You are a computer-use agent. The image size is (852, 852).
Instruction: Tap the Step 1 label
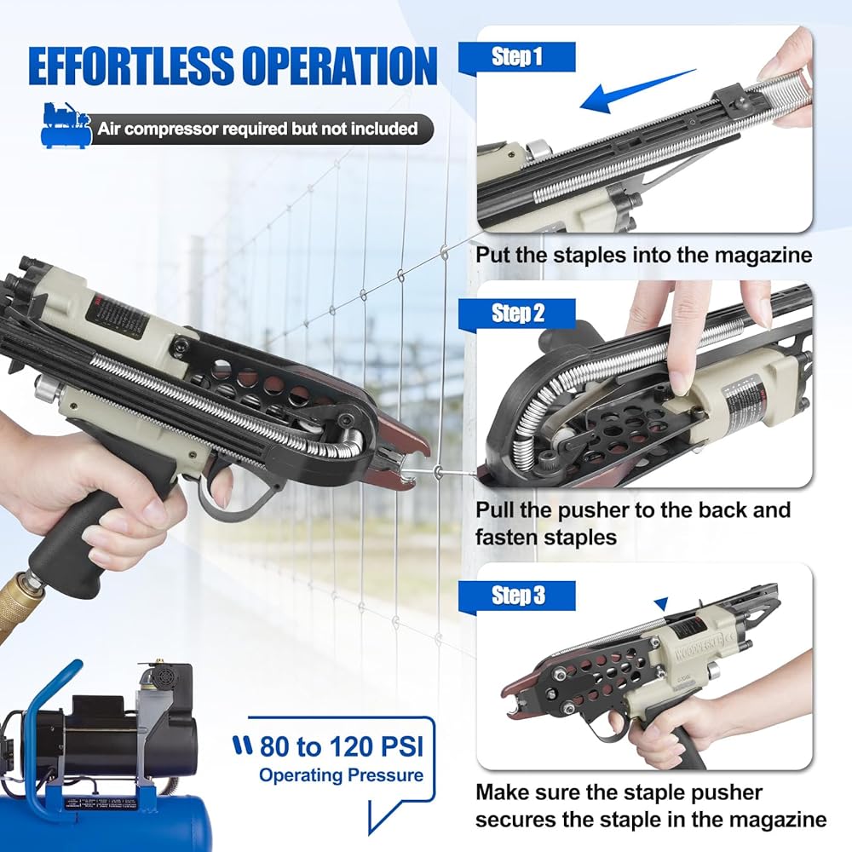coord(517,56)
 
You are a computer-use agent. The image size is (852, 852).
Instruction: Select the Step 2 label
coord(518,313)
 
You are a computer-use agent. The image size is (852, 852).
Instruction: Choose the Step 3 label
coord(518,595)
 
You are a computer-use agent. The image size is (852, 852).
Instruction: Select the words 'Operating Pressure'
coord(341,774)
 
